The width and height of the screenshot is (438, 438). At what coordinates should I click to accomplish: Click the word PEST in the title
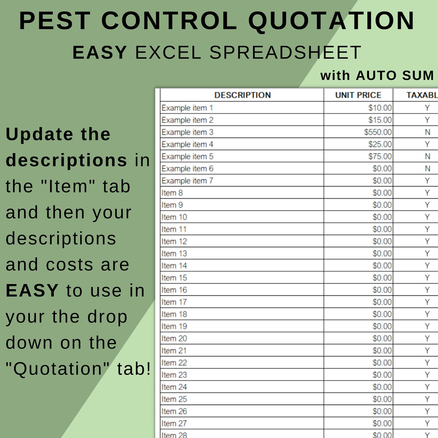pos(54,21)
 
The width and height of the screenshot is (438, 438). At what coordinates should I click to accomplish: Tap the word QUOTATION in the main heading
pos(331,21)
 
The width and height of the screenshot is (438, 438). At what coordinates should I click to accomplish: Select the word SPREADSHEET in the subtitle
pos(285,52)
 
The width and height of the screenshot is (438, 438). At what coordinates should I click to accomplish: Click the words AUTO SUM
pos(395,76)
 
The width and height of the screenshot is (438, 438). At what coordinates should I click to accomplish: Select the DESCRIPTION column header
pos(242,95)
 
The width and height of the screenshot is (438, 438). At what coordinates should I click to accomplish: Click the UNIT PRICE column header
pos(358,95)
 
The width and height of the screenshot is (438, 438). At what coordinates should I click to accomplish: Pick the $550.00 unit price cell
pos(378,132)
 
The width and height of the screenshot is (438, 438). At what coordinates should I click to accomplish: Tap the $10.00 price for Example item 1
pos(380,108)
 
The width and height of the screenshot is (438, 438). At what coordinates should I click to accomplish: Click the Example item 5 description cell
pos(188,156)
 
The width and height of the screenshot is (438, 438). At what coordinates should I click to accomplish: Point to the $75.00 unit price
pos(380,156)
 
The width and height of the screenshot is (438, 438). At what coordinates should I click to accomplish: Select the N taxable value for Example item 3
pos(427,132)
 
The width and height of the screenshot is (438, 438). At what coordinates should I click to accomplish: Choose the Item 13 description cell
pos(174,253)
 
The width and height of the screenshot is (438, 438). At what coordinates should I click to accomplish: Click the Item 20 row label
pos(174,338)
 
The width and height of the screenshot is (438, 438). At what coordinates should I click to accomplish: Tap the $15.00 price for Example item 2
pos(380,120)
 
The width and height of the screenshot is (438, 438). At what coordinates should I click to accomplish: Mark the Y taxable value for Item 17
pos(427,302)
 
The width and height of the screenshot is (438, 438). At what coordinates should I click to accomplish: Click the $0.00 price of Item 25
pos(382,399)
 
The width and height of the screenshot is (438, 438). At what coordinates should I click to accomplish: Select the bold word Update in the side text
pos(39,135)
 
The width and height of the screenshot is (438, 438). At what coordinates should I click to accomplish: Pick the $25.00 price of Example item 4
pos(380,144)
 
